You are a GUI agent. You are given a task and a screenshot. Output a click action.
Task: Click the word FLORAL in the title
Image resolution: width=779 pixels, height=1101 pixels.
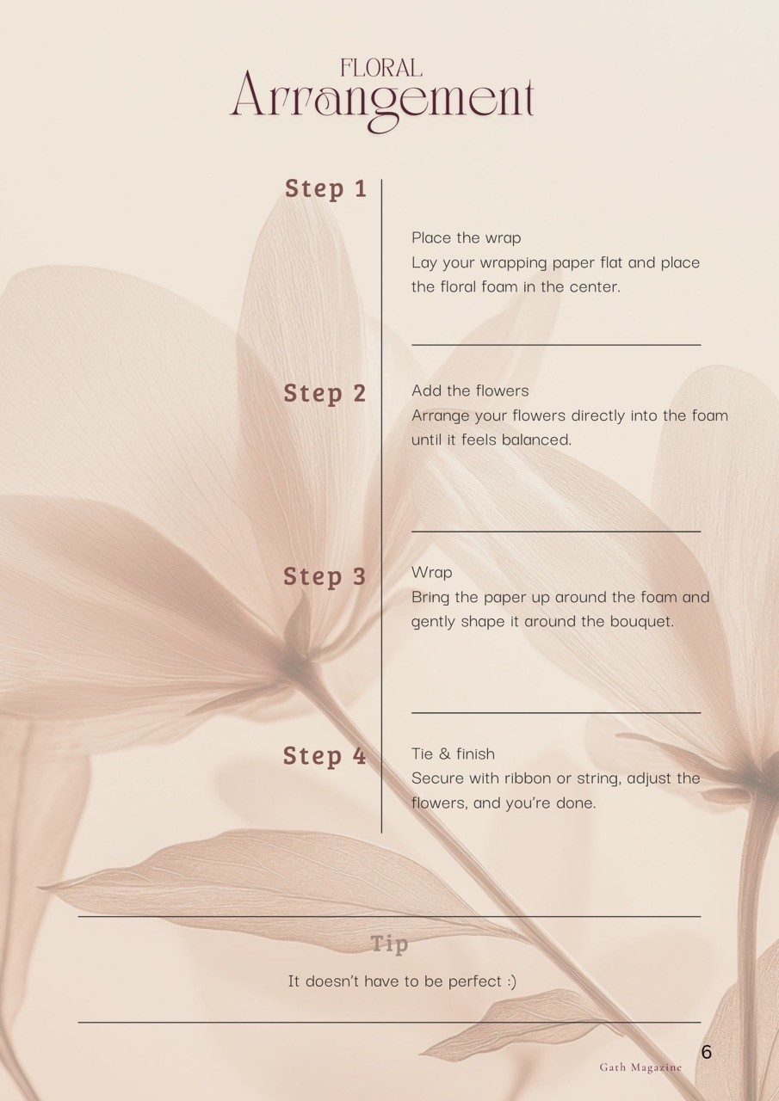pyautogui.click(x=381, y=68)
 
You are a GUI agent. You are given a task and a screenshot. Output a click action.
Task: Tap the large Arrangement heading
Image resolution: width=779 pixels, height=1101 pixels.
pyautogui.click(x=383, y=101)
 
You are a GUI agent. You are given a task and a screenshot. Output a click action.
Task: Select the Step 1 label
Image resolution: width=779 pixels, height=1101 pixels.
pyautogui.click(x=325, y=188)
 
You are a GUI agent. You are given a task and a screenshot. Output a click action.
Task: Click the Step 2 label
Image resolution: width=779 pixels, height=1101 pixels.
pyautogui.click(x=325, y=393)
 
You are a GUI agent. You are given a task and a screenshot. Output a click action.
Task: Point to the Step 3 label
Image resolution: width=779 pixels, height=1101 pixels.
pyautogui.click(x=325, y=576)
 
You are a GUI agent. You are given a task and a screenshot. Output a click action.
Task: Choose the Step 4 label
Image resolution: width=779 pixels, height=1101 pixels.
pyautogui.click(x=325, y=755)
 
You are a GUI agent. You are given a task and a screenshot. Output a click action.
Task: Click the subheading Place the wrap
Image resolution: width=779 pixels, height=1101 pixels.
pyautogui.click(x=467, y=238)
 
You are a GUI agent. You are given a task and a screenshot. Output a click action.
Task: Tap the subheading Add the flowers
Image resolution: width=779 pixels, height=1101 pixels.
pyautogui.click(x=470, y=391)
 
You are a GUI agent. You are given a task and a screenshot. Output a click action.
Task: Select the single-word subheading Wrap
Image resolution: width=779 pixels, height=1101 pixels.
pyautogui.click(x=432, y=573)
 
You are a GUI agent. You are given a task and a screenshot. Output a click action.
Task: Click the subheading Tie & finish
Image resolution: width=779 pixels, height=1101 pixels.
pyautogui.click(x=453, y=754)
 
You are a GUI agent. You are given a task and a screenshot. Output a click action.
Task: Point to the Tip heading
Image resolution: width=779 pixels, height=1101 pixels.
pyautogui.click(x=389, y=944)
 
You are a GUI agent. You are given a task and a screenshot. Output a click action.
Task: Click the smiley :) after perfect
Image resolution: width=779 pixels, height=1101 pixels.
pyautogui.click(x=511, y=981)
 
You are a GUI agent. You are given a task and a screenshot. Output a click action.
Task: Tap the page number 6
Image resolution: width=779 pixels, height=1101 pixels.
pyautogui.click(x=706, y=1052)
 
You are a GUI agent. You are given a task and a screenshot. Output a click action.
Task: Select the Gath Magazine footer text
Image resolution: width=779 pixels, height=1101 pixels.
pyautogui.click(x=640, y=1067)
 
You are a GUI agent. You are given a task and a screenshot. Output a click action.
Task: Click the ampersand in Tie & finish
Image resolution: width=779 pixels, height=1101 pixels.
pyautogui.click(x=444, y=754)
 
